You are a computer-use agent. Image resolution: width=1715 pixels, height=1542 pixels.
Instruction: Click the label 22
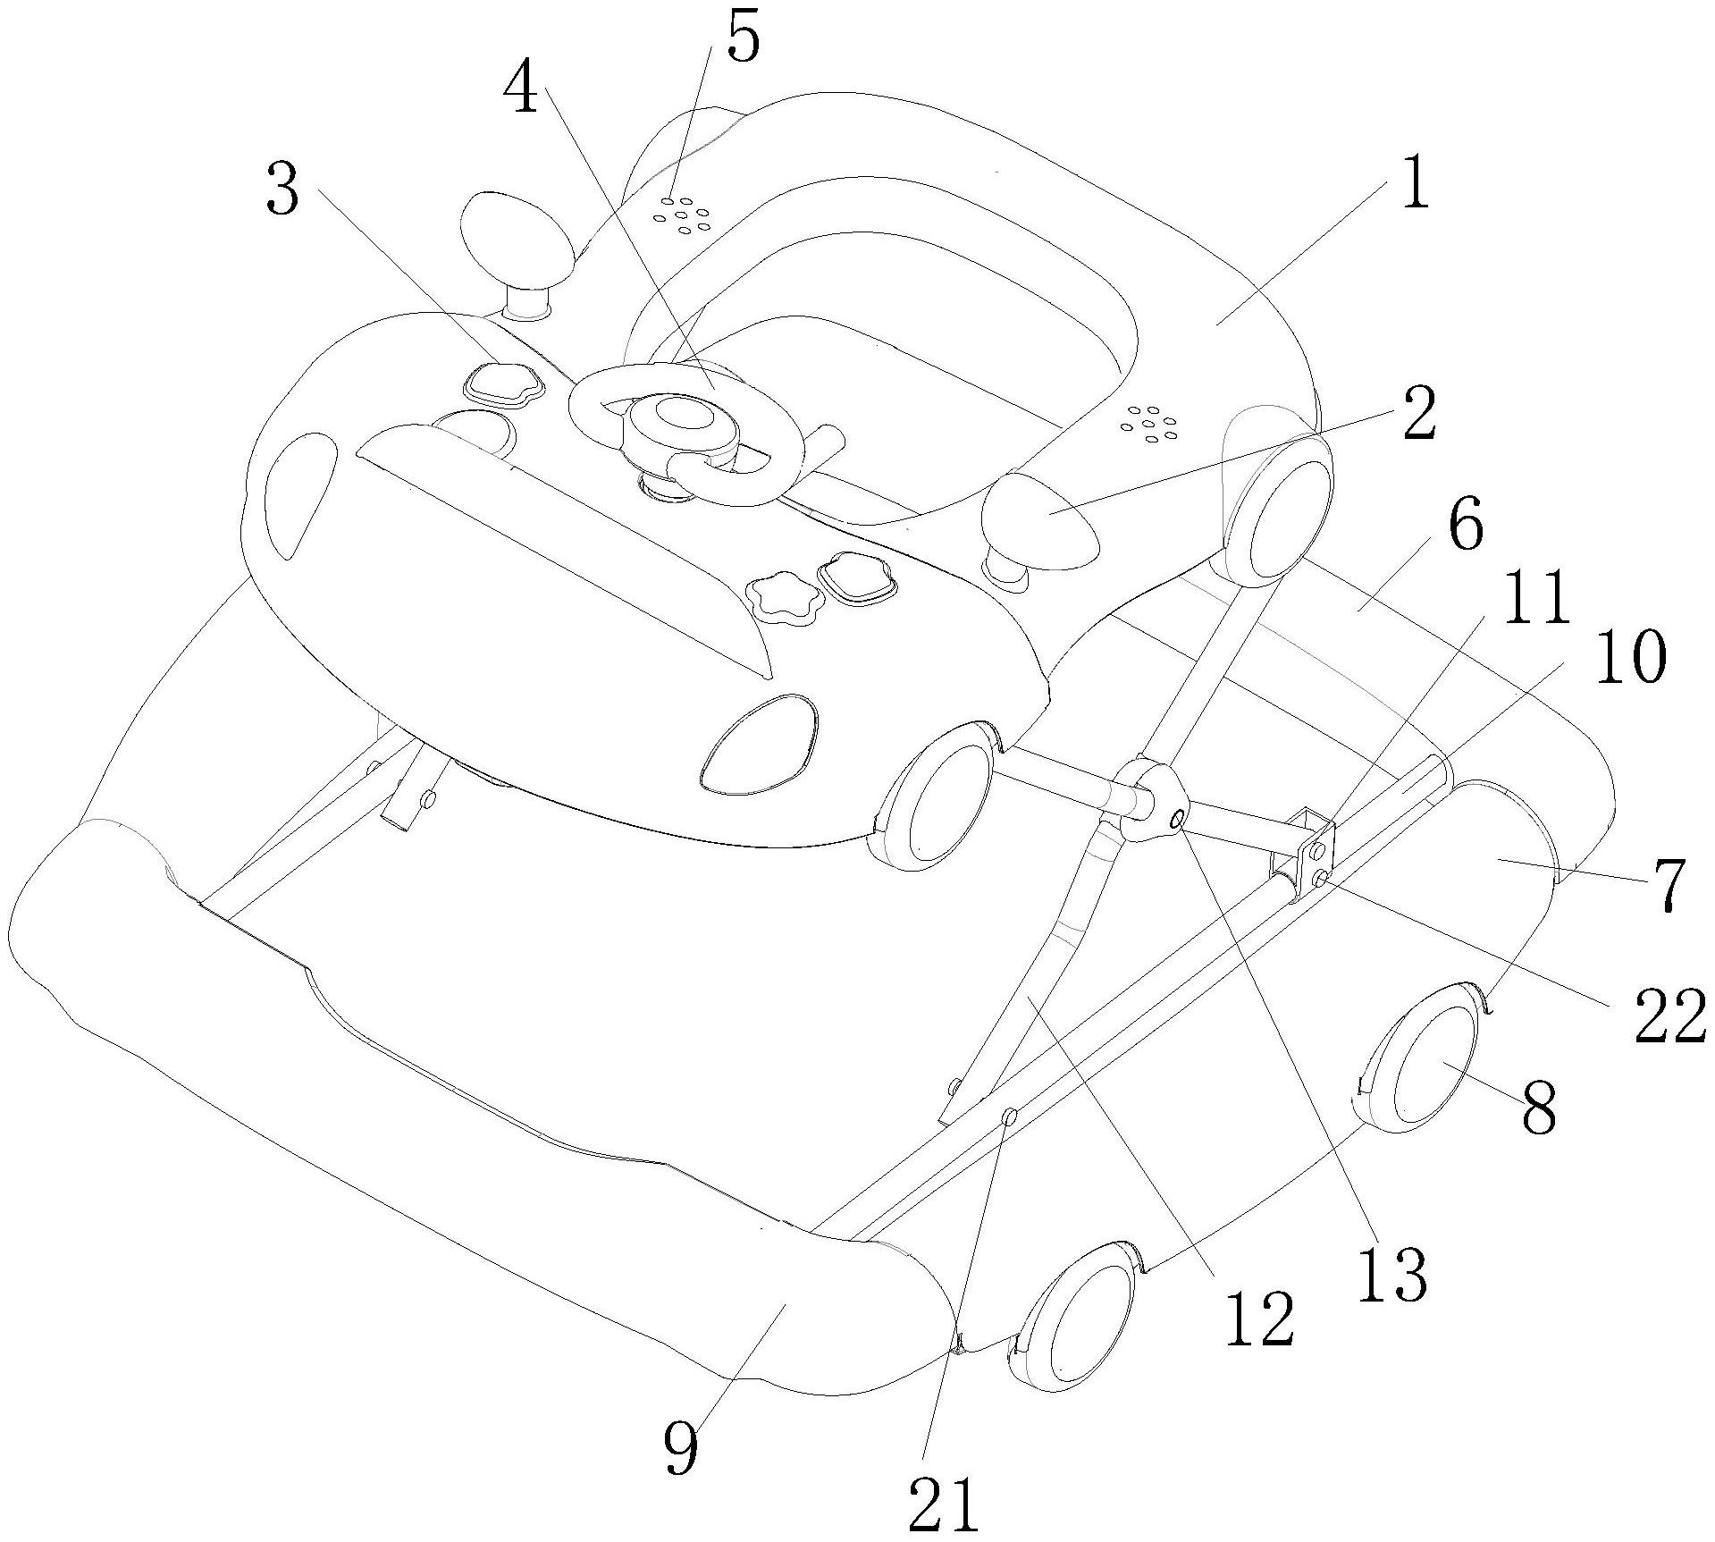[1669, 1019]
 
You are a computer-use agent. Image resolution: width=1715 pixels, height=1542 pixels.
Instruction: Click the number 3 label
[282, 191]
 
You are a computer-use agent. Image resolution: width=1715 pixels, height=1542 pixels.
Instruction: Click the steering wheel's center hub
[684, 416]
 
